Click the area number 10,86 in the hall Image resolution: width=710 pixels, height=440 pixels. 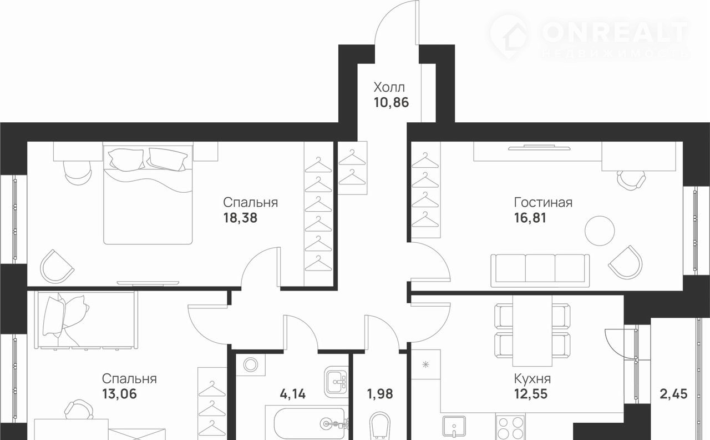click(x=391, y=103)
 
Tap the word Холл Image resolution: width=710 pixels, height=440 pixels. click(x=389, y=87)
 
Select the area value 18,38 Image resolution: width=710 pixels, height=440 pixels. click(x=240, y=218)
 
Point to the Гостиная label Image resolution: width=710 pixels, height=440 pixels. click(x=543, y=203)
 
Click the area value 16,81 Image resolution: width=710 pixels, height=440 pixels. click(x=530, y=218)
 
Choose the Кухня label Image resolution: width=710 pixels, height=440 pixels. click(x=532, y=378)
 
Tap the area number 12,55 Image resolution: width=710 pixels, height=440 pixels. click(x=531, y=394)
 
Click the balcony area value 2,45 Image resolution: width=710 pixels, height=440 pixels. click(x=673, y=394)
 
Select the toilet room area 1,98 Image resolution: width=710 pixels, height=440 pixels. click(x=380, y=394)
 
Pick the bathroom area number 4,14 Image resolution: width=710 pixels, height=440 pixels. click(x=292, y=394)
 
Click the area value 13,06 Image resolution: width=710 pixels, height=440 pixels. click(x=119, y=394)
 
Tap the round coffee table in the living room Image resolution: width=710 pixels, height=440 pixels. click(x=600, y=231)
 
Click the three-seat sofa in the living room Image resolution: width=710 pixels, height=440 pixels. click(x=540, y=271)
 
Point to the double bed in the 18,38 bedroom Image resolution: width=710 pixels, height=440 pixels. click(x=148, y=193)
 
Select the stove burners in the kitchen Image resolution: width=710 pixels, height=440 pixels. click(x=511, y=427)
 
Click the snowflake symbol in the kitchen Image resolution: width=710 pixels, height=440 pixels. click(x=425, y=364)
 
